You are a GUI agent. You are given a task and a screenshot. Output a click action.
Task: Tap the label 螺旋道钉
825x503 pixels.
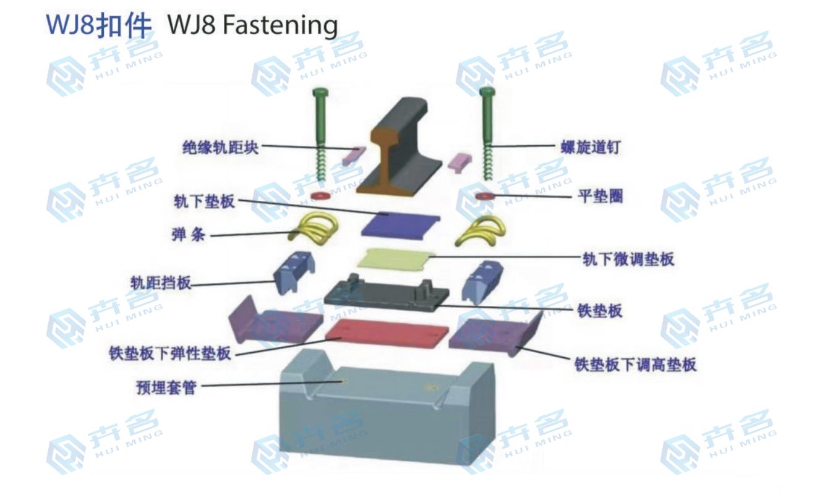pyautogui.click(x=589, y=147)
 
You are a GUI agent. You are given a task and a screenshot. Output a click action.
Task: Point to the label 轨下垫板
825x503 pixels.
pyautogui.click(x=204, y=201)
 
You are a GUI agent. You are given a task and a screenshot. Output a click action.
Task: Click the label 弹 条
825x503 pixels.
pyautogui.click(x=190, y=235)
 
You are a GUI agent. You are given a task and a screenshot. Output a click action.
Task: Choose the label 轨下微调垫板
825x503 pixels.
pyautogui.click(x=628, y=259)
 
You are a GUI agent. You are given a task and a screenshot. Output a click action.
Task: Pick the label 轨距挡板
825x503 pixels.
pyautogui.click(x=160, y=283)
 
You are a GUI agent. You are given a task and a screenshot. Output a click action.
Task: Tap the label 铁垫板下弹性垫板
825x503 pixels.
pyautogui.click(x=169, y=353)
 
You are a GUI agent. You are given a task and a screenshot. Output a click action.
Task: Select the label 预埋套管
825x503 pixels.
pyautogui.click(x=166, y=387)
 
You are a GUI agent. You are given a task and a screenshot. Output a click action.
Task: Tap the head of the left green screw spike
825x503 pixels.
pyautogui.click(x=320, y=93)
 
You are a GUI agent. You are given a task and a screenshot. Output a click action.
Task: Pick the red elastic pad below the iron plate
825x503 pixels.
pyautogui.click(x=387, y=334)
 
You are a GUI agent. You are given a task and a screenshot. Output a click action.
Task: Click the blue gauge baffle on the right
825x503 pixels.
pyautogui.click(x=484, y=282)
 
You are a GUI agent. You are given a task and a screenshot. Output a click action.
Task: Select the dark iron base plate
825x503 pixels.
pyautogui.click(x=387, y=295)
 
